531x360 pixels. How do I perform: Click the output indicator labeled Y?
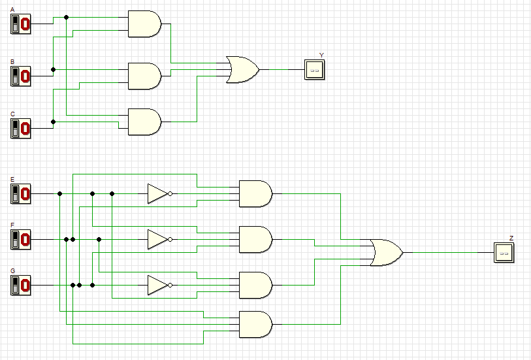click(x=314, y=69)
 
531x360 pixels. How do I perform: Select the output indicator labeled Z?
click(x=504, y=252)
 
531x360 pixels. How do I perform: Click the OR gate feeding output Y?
click(x=242, y=69)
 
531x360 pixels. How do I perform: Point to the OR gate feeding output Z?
click(x=385, y=252)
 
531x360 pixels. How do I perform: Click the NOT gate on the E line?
click(x=159, y=194)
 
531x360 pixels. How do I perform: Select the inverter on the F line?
click(x=159, y=240)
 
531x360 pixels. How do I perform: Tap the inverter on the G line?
click(x=159, y=286)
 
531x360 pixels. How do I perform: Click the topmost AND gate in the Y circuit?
click(x=144, y=24)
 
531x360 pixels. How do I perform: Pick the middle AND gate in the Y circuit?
click(x=144, y=76)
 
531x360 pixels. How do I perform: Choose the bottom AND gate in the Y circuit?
click(x=144, y=122)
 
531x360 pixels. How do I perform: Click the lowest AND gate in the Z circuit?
click(x=255, y=324)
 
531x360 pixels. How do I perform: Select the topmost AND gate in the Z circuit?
click(x=255, y=193)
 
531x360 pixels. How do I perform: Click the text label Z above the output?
click(x=511, y=238)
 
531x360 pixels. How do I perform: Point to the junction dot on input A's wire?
click(x=66, y=17)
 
